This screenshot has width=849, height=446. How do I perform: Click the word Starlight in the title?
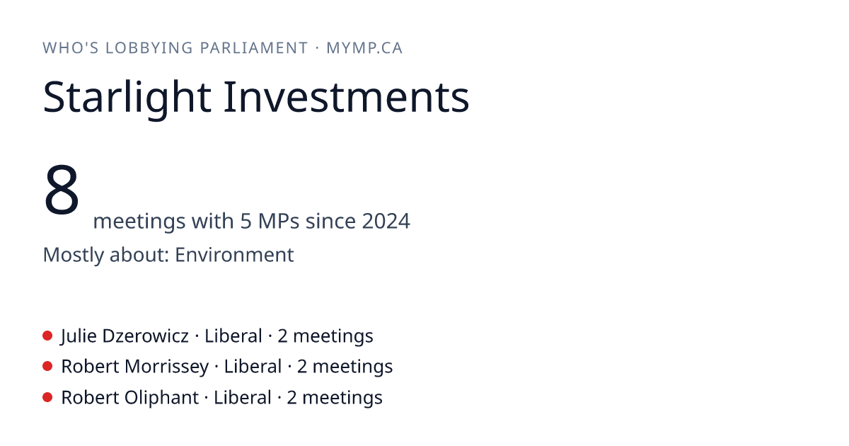coord(127,98)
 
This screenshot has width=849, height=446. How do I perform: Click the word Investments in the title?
coord(347,97)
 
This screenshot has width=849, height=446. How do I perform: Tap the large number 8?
coord(62,190)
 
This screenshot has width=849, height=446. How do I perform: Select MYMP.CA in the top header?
coord(364,48)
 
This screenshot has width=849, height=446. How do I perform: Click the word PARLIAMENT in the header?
coord(253,48)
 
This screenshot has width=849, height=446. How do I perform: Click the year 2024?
coord(386,221)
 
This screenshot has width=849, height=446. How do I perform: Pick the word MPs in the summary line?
coord(279,221)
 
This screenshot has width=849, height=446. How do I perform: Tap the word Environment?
coord(234,254)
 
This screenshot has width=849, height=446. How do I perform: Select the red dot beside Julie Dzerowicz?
coord(47,336)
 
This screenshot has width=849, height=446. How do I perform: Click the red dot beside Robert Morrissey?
coord(47,367)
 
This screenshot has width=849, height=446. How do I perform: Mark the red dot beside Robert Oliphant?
coord(47,397)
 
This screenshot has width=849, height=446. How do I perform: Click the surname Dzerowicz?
coord(146,336)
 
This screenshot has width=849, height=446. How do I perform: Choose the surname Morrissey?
coord(167,367)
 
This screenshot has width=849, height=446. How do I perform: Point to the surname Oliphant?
coord(161,397)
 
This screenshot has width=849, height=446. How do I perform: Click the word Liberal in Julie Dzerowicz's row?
coord(233,336)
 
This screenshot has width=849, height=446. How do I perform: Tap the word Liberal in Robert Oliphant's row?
coord(243,397)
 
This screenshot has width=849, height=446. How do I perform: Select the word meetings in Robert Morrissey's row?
coord(352,367)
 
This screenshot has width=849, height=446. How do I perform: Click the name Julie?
coord(79,336)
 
